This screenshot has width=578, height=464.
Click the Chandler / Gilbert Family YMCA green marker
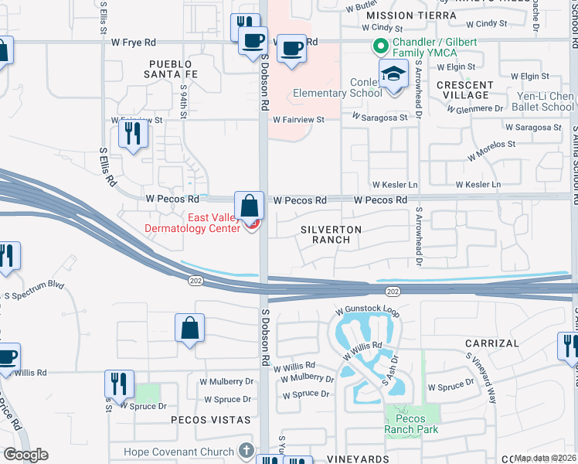point(379,46)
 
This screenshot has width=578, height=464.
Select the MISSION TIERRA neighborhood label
point(397,15)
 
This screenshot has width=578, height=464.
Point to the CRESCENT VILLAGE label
point(464,90)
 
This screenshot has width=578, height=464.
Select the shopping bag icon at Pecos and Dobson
point(249,207)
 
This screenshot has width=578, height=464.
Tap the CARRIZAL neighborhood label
point(491,343)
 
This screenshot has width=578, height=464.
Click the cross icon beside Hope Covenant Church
point(246,451)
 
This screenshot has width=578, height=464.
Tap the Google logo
point(25,455)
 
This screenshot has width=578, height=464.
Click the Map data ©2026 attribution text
point(546,458)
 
